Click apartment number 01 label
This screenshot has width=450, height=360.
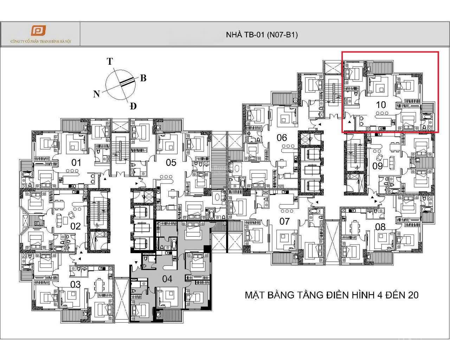(76, 162)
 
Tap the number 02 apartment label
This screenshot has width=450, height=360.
(76, 226)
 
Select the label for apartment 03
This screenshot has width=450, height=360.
(76, 284)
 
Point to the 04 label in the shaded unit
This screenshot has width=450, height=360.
(167, 279)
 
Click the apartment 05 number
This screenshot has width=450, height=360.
(171, 162)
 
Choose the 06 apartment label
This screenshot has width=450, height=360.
(282, 137)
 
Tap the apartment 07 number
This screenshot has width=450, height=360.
(284, 221)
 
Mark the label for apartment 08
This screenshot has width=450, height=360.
(380, 227)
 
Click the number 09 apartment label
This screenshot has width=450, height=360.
(378, 166)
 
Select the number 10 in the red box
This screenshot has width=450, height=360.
(381, 104)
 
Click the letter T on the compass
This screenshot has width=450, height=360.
(110, 62)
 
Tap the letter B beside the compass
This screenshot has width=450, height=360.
(143, 78)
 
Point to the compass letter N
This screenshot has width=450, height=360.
(96, 94)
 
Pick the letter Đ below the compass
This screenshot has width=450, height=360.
(133, 106)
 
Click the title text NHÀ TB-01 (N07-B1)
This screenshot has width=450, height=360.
(262, 35)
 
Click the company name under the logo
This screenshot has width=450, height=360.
(41, 41)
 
